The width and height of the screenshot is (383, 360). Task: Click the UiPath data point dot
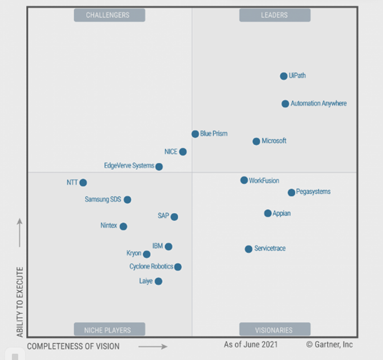click(284, 76)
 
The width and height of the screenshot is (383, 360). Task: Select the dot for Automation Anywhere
click(285, 104)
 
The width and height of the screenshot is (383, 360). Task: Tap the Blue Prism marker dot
click(195, 134)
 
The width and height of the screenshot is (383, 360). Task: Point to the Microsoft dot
click(257, 142)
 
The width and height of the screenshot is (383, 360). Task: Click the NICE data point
click(183, 152)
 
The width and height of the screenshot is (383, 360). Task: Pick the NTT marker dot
click(83, 183)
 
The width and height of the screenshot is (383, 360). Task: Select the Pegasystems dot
click(291, 192)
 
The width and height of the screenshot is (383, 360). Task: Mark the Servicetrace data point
click(248, 249)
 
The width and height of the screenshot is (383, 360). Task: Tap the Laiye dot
click(159, 281)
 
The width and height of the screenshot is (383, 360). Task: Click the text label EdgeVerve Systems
click(129, 166)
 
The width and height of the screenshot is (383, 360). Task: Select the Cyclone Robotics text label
click(151, 267)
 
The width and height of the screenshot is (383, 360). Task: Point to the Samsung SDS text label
click(103, 199)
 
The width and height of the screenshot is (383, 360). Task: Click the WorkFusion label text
click(264, 181)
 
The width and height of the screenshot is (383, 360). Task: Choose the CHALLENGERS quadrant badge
click(109, 15)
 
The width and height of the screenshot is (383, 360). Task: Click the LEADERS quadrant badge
click(275, 15)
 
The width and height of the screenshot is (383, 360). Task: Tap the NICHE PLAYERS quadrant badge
click(109, 330)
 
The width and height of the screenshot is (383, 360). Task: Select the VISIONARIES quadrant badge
click(275, 330)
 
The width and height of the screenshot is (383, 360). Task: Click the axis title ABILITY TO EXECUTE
click(20, 302)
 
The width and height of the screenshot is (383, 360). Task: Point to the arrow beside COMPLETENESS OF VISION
click(153, 346)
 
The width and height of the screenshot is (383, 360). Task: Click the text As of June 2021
click(250, 345)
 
